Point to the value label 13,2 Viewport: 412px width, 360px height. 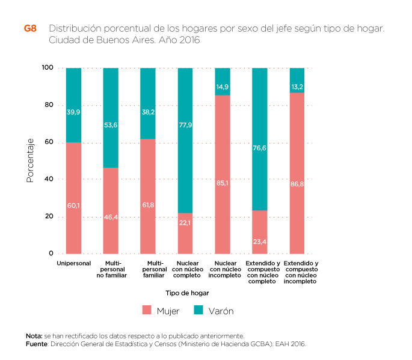297,87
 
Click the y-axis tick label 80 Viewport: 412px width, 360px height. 49,105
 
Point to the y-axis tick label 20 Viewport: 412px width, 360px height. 49,216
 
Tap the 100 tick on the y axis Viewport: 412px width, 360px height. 48,68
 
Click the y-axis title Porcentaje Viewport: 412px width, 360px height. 29,160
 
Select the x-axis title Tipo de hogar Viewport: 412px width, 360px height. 187,293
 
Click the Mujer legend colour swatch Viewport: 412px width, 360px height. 147,311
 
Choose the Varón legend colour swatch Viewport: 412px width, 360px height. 198,311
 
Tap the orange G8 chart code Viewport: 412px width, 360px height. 30,28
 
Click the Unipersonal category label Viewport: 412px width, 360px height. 73,263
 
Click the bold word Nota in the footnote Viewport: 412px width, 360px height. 34,335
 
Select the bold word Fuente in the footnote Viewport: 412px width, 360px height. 37,344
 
